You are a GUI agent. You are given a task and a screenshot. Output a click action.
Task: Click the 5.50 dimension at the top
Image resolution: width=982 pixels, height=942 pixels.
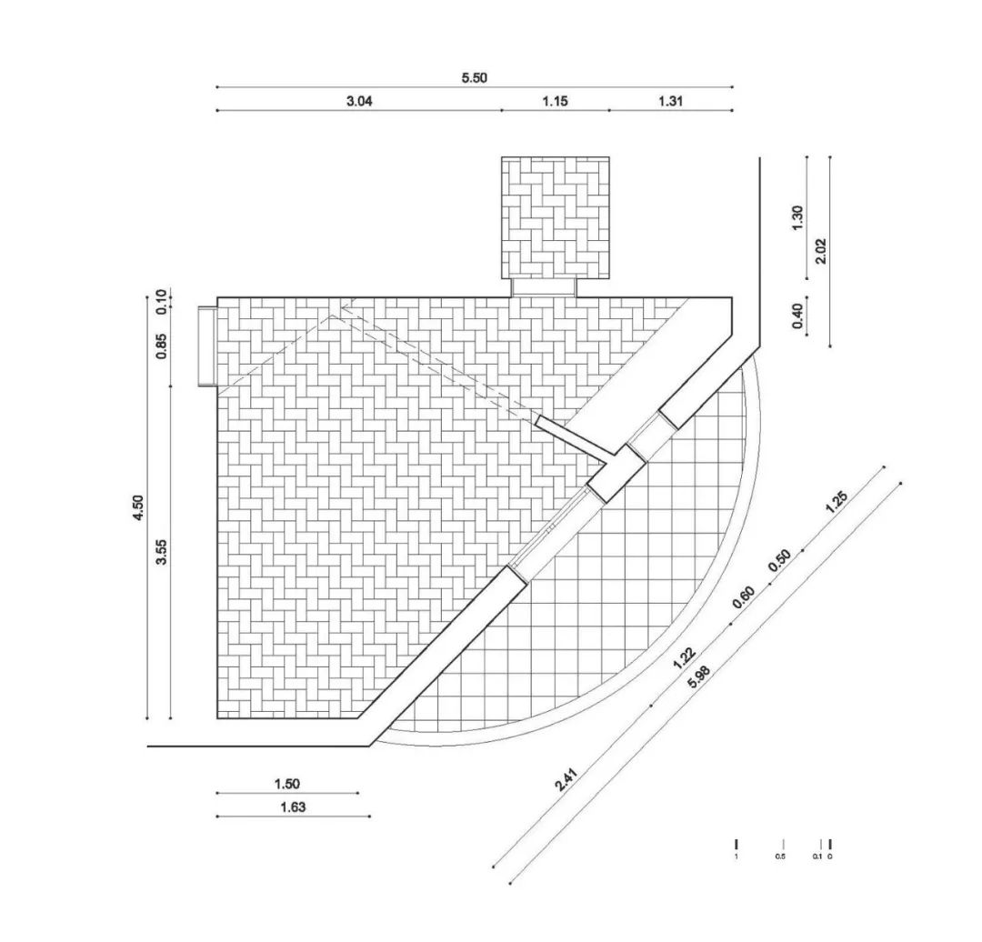pyautogui.click(x=474, y=77)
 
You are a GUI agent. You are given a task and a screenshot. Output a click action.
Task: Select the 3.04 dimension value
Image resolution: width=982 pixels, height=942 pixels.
pyautogui.click(x=359, y=101)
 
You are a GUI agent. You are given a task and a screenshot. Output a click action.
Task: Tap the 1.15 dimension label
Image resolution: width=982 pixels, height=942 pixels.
pyautogui.click(x=555, y=101)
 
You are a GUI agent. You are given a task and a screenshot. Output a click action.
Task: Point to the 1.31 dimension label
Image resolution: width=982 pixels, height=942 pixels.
pyautogui.click(x=670, y=101)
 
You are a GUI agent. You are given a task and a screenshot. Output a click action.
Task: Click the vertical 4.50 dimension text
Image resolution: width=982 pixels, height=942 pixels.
pyautogui.click(x=138, y=507)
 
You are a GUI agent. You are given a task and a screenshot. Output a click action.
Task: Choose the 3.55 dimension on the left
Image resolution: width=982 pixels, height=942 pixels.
pyautogui.click(x=162, y=552)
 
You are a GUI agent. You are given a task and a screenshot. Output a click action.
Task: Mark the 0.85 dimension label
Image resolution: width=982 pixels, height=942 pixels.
pyautogui.click(x=162, y=346)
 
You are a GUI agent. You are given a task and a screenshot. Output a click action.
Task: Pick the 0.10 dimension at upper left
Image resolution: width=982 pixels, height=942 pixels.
pyautogui.click(x=162, y=301)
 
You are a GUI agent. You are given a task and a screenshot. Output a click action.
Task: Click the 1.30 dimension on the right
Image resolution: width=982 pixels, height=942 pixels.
pyautogui.click(x=797, y=218)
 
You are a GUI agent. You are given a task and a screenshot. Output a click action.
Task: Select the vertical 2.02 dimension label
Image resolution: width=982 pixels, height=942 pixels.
pyautogui.click(x=821, y=251)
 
